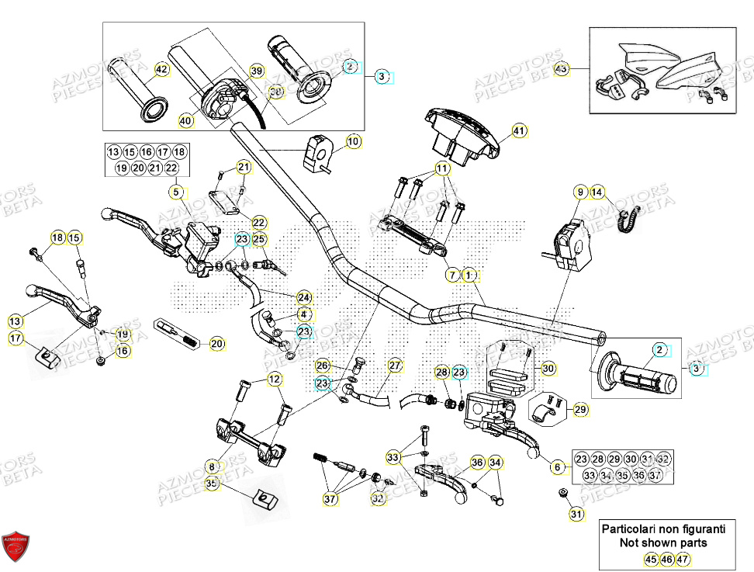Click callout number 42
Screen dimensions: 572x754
161,70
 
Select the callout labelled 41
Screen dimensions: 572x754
519,131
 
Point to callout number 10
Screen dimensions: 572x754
353,142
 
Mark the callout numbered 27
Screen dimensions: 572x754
395,366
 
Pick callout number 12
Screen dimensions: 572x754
275,379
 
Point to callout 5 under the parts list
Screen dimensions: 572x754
176,192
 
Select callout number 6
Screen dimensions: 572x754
556,467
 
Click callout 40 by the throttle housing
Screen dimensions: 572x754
185,120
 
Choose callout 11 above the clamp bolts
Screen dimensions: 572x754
441,168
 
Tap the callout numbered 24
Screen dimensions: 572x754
303,297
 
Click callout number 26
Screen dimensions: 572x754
323,366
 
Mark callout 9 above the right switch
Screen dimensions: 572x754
579,192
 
